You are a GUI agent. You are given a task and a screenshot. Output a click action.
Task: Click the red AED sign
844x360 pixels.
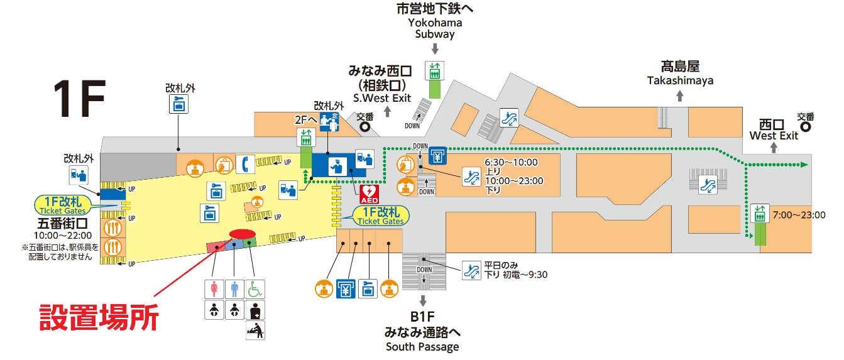tap(370, 192)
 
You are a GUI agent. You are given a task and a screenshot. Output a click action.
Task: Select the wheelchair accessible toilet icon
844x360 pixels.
tap(255, 289)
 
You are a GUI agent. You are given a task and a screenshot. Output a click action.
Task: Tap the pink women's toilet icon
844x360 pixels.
tap(215, 289)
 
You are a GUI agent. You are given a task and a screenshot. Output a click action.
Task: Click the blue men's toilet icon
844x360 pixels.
tap(235, 289)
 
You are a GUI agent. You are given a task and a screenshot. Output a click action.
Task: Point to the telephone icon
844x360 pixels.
tap(244, 164)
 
